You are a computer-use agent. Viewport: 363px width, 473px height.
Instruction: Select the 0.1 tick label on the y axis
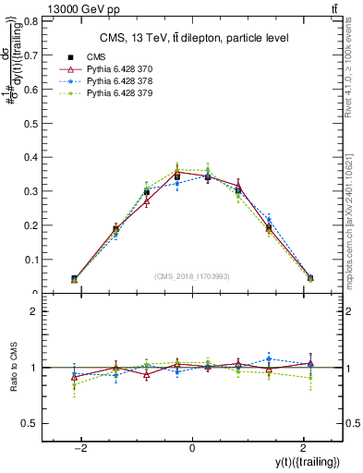pos(31,260)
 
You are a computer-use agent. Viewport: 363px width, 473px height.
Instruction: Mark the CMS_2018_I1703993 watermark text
pos(191,277)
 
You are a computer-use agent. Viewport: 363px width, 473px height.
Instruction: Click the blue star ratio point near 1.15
pos(269,358)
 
